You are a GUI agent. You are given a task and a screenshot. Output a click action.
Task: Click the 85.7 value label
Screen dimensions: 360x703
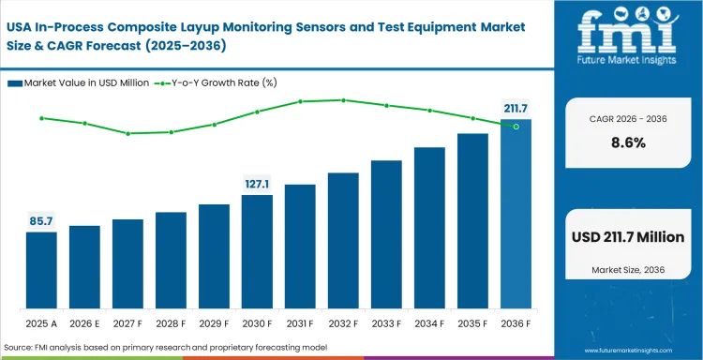[41, 220]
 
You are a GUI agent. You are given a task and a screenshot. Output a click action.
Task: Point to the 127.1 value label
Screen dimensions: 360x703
[257, 184]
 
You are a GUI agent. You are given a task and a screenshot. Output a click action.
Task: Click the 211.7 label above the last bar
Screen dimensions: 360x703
[516, 108]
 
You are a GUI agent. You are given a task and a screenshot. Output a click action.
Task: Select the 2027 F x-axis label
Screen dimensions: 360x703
[127, 323]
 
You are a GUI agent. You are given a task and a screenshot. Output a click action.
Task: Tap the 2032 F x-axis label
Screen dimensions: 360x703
[343, 323]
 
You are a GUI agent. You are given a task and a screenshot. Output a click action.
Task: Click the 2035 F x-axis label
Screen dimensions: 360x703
[472, 323]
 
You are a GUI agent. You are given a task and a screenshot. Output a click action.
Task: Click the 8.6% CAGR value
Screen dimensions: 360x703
[628, 143]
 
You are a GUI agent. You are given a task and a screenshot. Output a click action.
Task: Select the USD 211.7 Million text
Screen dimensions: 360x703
[628, 237]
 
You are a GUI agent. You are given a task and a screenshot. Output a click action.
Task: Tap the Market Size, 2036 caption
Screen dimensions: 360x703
[628, 270]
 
